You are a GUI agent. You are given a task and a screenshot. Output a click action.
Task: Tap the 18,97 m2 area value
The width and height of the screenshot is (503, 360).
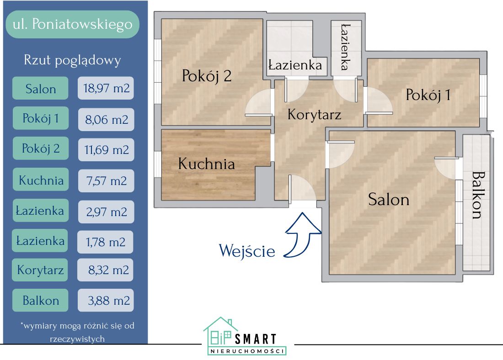click(106, 88)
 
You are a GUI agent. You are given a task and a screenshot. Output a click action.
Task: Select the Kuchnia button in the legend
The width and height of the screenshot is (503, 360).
click(41, 180)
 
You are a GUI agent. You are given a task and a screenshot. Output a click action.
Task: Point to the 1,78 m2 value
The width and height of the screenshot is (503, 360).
click(106, 242)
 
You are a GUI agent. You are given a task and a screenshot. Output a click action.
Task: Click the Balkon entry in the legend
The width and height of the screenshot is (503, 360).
click(41, 300)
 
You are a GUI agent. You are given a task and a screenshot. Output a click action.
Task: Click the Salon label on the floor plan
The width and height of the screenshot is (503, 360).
click(389, 200)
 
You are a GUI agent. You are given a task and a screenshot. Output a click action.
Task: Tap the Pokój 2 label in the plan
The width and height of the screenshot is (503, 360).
click(207, 76)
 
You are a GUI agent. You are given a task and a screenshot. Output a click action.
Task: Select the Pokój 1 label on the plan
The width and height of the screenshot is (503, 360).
click(428, 95)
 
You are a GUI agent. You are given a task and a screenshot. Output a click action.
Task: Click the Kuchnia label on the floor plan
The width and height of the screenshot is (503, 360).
click(206, 164)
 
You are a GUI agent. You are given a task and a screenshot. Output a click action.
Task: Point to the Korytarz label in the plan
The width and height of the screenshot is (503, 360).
click(314, 114)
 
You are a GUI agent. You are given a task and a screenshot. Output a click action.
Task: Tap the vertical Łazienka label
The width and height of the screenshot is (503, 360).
click(346, 47)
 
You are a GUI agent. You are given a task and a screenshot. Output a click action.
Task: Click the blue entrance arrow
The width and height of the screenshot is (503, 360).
click(303, 233)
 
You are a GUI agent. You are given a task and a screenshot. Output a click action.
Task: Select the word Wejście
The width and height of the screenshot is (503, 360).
click(247, 251)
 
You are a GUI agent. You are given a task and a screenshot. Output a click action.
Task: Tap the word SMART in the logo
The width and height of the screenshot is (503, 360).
click(256, 339)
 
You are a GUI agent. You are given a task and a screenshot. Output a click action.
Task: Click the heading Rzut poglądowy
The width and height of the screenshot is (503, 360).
click(72, 60)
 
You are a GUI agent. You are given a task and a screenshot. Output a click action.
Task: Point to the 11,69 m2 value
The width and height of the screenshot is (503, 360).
click(106, 149)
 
